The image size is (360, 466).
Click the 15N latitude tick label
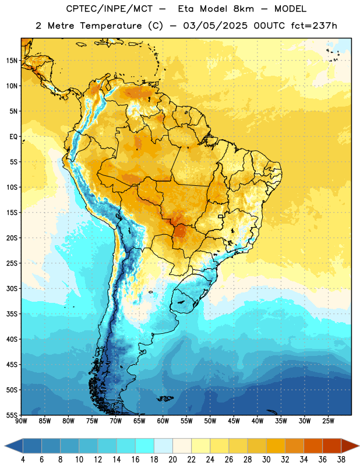tap(12, 61)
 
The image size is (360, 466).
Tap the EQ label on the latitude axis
tap(13, 137)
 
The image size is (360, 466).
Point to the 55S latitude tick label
tap(12, 415)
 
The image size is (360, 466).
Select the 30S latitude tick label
tap(12, 288)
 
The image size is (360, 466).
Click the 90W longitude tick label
tap(21, 421)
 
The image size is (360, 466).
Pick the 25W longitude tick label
tap(328, 421)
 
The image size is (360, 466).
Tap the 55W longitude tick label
tap(186, 421)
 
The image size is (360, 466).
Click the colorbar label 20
tap(172, 460)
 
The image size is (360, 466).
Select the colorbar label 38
tap(341, 460)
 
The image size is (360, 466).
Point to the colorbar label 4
tap(23, 460)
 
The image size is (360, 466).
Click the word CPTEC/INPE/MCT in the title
tap(109, 9)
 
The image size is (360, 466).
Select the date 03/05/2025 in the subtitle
tap(215, 26)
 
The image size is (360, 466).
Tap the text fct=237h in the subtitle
tap(314, 26)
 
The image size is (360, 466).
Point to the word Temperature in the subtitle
tap(111, 26)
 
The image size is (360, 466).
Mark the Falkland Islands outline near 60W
tap(165, 398)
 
